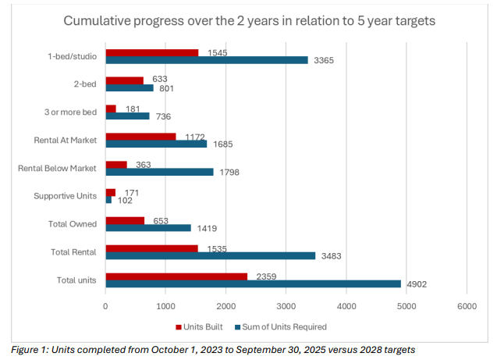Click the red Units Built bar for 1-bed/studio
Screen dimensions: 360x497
click(152, 52)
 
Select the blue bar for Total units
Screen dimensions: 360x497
click(253, 283)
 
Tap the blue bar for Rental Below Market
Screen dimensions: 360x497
click(159, 172)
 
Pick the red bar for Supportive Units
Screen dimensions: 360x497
click(111, 192)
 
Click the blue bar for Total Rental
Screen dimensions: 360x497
click(211, 255)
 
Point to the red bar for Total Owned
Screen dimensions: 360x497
click(125, 220)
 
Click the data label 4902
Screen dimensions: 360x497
click(416, 287)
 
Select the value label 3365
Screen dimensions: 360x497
click(324, 61)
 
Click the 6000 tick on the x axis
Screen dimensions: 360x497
click(467, 307)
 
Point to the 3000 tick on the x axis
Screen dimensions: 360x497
click(286, 307)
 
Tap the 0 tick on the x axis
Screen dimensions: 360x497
click(106, 307)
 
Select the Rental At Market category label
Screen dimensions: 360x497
click(66, 140)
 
